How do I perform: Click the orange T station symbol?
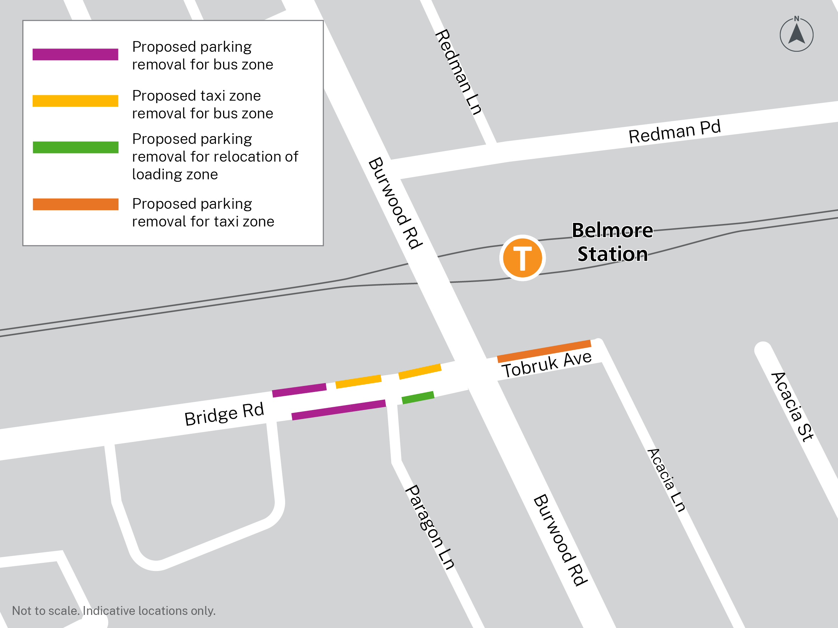[522, 258]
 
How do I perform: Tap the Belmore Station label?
[612, 242]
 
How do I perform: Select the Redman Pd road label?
[675, 132]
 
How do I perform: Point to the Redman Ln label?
[459, 72]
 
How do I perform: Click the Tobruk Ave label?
[546, 364]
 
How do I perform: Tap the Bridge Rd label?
[224, 414]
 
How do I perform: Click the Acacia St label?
[792, 407]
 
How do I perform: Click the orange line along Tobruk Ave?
[544, 351]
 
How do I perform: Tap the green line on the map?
[418, 398]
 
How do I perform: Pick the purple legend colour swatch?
[76, 54]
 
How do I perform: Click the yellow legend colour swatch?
[76, 101]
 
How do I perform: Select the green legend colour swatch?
[76, 147]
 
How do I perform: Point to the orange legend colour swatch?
[76, 204]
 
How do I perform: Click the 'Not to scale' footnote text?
[113, 611]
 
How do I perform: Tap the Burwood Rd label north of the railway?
[395, 203]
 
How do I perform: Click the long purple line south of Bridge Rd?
[339, 410]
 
